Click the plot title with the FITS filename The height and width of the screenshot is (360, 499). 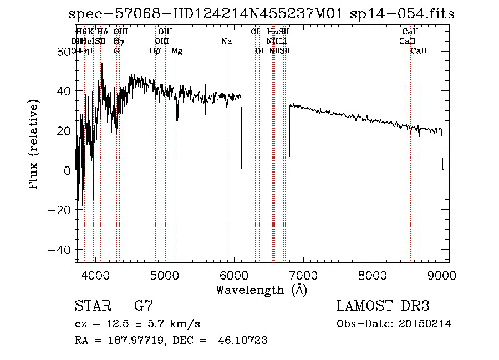[261, 14]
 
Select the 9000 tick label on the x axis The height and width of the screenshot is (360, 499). [442, 275]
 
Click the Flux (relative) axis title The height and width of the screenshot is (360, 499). [34, 145]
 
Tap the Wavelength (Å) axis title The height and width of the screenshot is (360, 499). [261, 290]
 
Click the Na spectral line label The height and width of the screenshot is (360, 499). [226, 41]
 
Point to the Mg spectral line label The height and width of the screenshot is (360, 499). [177, 51]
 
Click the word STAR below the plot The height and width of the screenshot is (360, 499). [93, 306]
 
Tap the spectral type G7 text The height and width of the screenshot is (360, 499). [143, 306]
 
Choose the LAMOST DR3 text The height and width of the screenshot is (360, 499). [383, 306]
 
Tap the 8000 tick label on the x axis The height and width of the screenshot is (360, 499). [373, 275]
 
